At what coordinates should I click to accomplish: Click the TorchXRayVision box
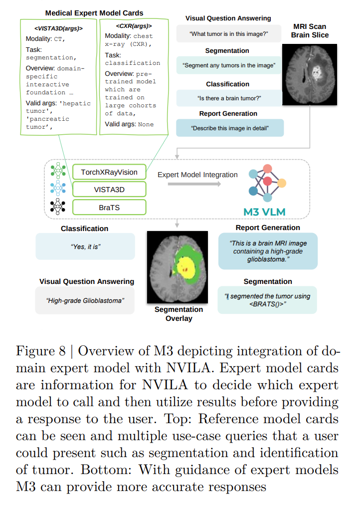click(109, 172)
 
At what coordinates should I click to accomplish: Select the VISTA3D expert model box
click(109, 190)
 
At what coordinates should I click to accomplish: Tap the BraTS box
click(109, 208)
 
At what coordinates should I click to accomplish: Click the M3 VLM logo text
click(264, 212)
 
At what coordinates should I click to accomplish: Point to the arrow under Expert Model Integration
click(194, 184)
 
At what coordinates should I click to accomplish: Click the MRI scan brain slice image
click(310, 74)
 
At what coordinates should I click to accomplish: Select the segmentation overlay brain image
click(178, 267)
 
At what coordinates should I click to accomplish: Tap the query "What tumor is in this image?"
click(229, 33)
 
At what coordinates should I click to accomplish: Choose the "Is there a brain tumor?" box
click(229, 98)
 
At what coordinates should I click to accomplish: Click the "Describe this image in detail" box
click(230, 128)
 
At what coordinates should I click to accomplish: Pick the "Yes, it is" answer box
click(85, 247)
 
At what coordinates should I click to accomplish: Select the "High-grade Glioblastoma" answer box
click(85, 300)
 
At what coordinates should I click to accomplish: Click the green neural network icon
click(58, 170)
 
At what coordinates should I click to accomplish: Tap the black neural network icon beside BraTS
click(58, 206)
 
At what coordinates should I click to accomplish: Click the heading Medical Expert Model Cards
click(94, 13)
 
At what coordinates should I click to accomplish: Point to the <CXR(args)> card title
click(134, 26)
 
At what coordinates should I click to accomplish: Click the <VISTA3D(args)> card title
click(58, 28)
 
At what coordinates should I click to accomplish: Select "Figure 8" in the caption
click(41, 351)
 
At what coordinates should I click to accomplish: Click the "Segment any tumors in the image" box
click(229, 65)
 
